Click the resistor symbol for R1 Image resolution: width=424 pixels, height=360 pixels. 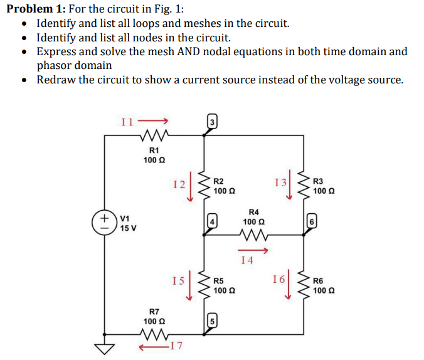click(x=154, y=134)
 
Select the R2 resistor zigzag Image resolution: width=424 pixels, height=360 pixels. click(x=203, y=186)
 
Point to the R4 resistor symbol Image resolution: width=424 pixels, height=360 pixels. click(x=254, y=236)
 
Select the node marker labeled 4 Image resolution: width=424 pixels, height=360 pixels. click(x=212, y=221)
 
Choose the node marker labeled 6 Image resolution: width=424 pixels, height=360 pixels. click(x=312, y=221)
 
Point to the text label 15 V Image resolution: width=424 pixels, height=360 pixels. click(x=129, y=228)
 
